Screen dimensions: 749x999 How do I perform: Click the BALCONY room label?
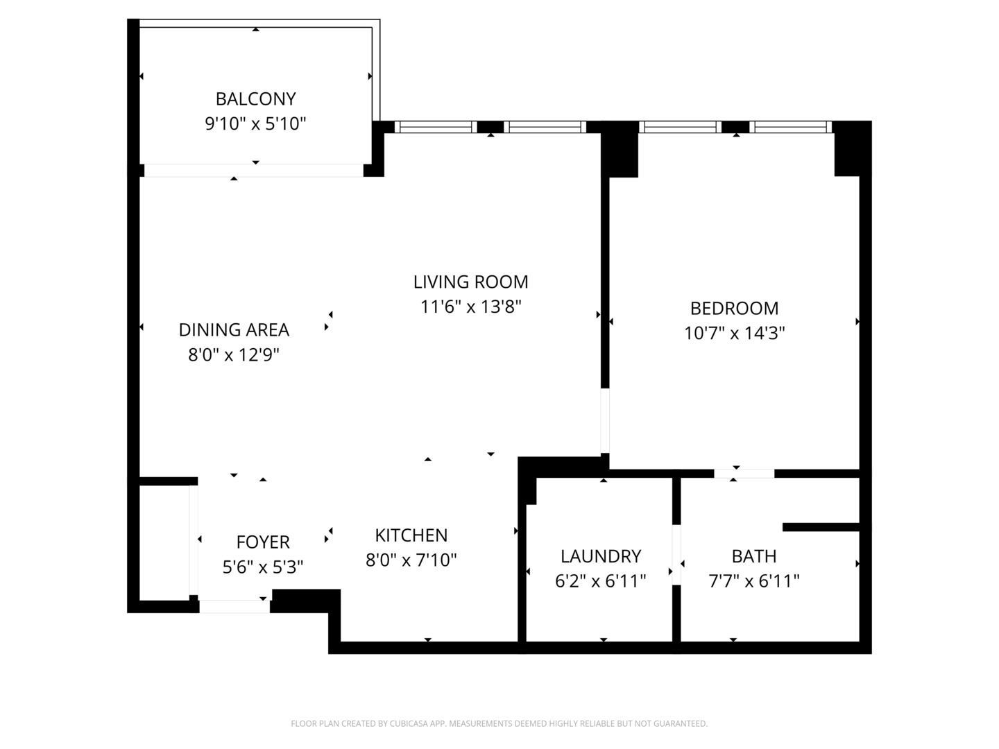point(255,98)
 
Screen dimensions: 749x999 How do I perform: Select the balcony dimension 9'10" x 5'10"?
point(255,124)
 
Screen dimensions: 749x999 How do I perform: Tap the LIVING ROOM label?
point(470,282)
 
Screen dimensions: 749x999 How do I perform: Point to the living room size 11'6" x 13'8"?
point(470,307)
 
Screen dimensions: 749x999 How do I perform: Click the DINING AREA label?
point(234,329)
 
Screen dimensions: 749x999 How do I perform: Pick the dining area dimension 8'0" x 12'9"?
point(234,355)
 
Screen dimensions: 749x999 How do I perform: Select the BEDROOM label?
point(734,308)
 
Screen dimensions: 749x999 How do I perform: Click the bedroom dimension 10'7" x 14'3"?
point(734,333)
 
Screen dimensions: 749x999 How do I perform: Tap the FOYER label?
point(263,542)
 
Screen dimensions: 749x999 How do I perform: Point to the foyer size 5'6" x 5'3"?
point(263,567)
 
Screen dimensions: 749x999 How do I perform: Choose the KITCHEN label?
point(411,535)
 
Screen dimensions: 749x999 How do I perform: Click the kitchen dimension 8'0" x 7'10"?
point(411,560)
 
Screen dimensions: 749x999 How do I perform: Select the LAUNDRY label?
point(601,556)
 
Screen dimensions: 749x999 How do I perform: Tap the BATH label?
point(754,556)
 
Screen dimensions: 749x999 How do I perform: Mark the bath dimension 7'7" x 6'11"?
point(754,581)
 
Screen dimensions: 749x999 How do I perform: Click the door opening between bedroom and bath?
point(744,474)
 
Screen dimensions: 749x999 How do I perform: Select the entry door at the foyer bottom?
point(234,606)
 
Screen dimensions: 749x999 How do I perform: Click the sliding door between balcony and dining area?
point(253,171)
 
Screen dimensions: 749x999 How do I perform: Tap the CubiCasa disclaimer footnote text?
point(499,723)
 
